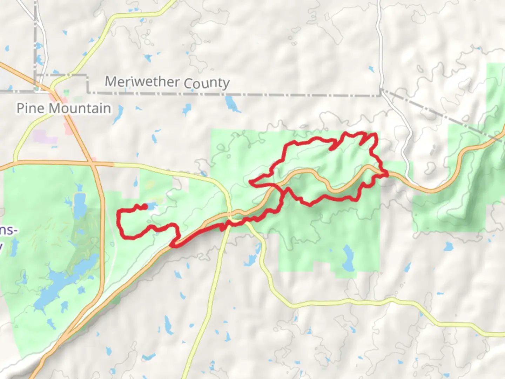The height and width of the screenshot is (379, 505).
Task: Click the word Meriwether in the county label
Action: [142, 81]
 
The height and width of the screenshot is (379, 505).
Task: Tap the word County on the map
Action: [207, 83]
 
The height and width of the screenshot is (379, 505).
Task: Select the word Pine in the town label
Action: [31, 108]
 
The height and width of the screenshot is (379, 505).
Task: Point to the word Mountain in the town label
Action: [80, 108]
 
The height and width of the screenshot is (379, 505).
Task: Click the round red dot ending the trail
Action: [145, 207]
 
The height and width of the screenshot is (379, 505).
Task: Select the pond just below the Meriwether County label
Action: [231, 104]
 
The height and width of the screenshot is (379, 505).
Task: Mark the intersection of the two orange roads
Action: [93, 163]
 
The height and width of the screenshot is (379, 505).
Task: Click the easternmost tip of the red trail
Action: [387, 174]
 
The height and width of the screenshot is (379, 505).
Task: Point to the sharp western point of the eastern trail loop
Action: [250, 182]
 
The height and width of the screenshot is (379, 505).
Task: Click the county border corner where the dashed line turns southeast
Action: [381, 91]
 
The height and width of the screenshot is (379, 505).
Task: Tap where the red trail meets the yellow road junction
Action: [229, 219]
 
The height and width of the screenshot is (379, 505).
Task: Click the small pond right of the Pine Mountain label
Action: [118, 114]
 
